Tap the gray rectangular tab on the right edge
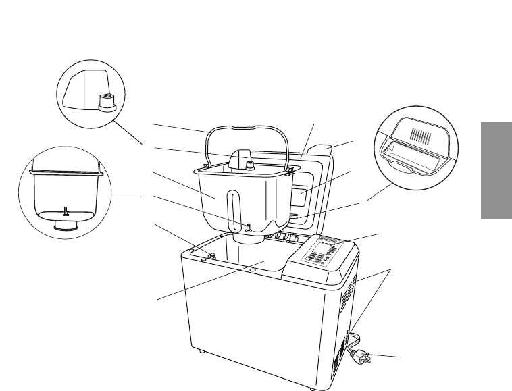tap(495, 170)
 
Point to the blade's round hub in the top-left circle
tap(106, 102)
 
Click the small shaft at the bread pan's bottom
tap(248, 228)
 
